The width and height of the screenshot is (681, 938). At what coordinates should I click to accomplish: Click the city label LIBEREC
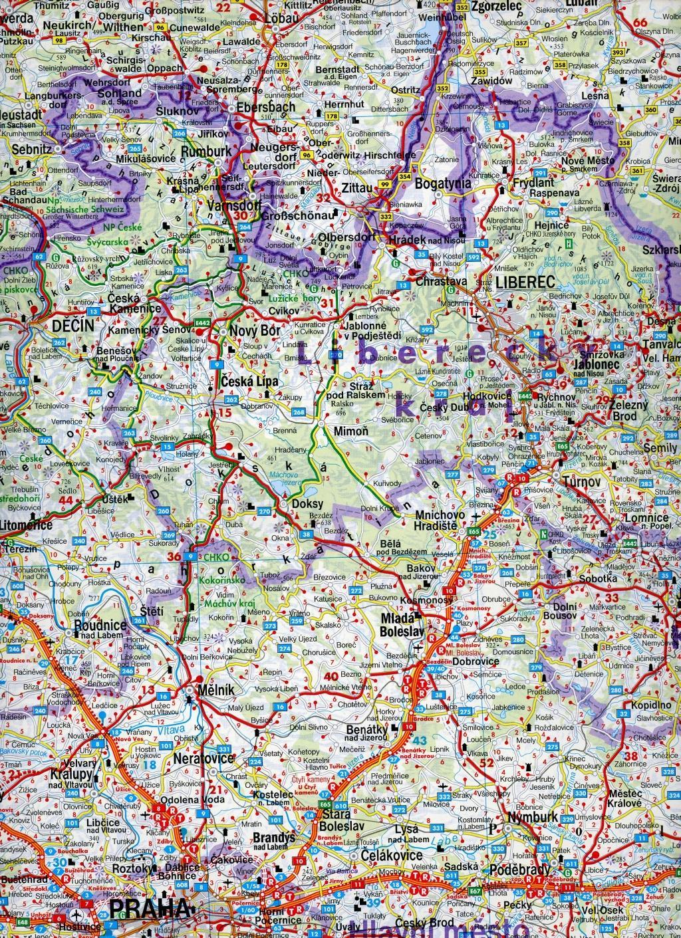[x=521, y=282]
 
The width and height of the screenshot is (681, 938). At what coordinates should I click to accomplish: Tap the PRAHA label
[x=146, y=909]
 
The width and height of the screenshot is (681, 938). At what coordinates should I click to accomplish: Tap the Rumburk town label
[x=206, y=152]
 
